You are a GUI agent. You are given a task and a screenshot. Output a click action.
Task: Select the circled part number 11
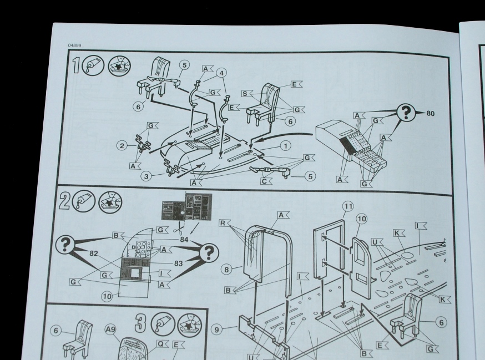click(x=348, y=206)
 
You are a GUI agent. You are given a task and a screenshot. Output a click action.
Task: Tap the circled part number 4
click(x=222, y=73)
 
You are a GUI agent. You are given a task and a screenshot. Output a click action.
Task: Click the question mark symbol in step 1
click(x=408, y=113)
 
